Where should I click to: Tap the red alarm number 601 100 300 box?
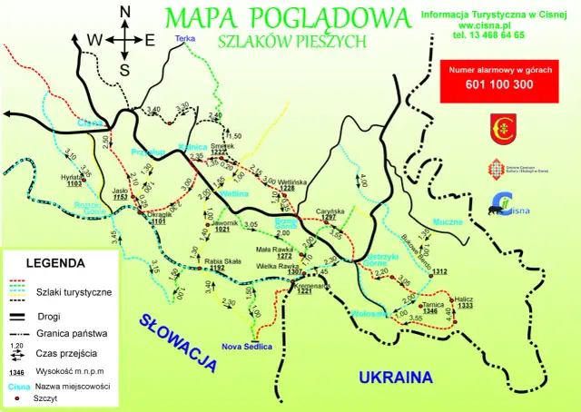[x=498, y=82]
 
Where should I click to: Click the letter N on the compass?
[x=125, y=12]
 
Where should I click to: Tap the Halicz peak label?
[x=465, y=299]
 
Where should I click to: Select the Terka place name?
[x=186, y=39]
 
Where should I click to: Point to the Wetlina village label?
[x=234, y=194]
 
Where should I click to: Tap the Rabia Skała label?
[x=222, y=260]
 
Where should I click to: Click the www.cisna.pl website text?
[x=498, y=25]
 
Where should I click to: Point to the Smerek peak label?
[x=222, y=145]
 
